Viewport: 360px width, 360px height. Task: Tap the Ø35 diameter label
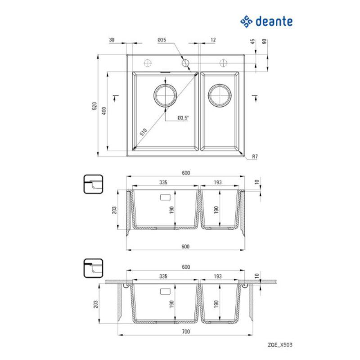[x=162, y=40]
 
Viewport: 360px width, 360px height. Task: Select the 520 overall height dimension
[x=94, y=107]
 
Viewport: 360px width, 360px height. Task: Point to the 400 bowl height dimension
[x=104, y=111]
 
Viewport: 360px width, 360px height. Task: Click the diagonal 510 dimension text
[x=143, y=132]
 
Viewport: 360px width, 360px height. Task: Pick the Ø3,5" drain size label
[x=183, y=118]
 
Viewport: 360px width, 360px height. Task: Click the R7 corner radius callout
[x=254, y=157]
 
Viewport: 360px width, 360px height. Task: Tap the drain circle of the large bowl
[x=166, y=94]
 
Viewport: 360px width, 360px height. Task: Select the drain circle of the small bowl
[x=220, y=95]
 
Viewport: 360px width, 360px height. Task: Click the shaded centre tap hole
[x=185, y=63]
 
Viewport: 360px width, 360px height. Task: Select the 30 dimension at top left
[x=112, y=40]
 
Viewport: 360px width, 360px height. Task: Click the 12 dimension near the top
[x=213, y=40]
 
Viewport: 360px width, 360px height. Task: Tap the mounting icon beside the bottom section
[x=94, y=269]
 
